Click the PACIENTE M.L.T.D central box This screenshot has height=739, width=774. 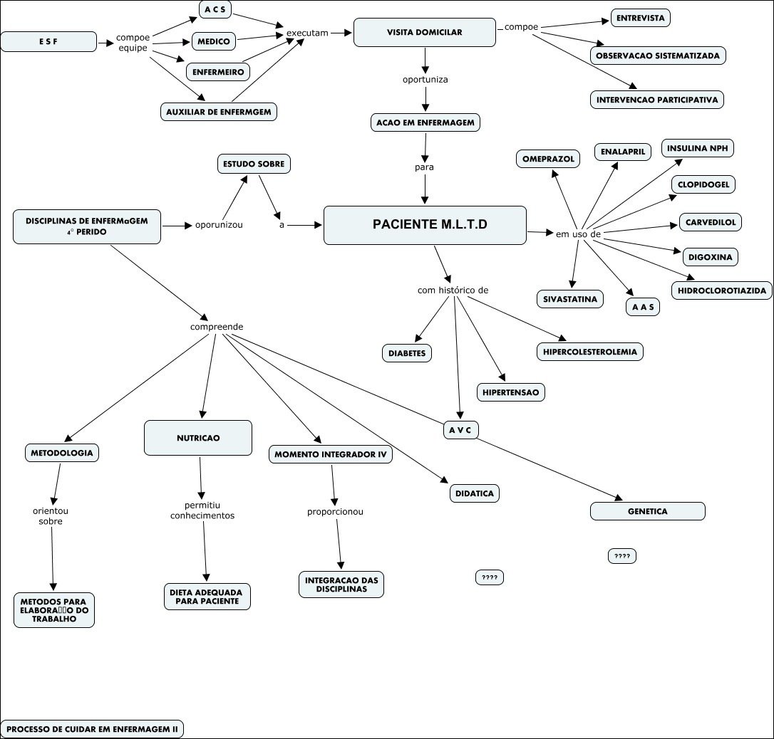click(x=425, y=225)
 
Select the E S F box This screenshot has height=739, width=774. click(x=48, y=42)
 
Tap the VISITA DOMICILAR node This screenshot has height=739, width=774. click(x=425, y=32)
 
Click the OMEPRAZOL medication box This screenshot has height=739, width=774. click(x=548, y=159)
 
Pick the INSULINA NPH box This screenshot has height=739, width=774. click(x=698, y=148)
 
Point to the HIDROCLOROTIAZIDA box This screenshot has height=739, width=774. click(x=721, y=290)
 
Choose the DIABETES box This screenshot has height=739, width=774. click(x=407, y=352)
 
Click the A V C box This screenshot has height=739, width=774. click(x=460, y=430)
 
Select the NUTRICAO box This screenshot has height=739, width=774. click(x=198, y=438)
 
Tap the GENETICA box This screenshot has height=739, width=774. click(x=647, y=511)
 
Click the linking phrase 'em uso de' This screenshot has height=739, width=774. click(x=578, y=234)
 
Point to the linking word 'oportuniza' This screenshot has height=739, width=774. click(x=425, y=79)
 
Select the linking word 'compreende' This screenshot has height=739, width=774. click(x=217, y=327)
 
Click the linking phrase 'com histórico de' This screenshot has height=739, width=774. click(x=453, y=290)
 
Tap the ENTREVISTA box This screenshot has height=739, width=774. click(x=641, y=18)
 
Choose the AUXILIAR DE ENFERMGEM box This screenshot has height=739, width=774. click(x=218, y=112)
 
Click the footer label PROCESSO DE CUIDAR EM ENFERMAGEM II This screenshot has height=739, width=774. click(x=93, y=729)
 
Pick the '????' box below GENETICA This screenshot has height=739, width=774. click(x=621, y=556)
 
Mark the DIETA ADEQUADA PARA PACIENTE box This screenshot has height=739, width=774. click(x=207, y=597)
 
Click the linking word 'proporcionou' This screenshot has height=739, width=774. click(x=335, y=511)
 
